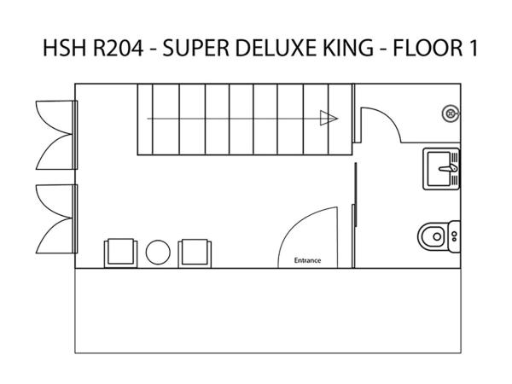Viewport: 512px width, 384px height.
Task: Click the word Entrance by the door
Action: [x=307, y=260]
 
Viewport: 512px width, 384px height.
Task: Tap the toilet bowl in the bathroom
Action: [x=433, y=236]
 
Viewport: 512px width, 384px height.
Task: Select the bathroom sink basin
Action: [x=439, y=169]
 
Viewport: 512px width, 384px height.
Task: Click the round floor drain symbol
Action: [x=451, y=114]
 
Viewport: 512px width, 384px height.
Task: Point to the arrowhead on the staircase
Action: [x=329, y=118]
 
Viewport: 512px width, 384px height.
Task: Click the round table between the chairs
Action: [x=158, y=253]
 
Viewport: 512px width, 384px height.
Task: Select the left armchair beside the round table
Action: [x=121, y=253]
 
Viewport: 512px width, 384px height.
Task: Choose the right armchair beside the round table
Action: [x=195, y=253]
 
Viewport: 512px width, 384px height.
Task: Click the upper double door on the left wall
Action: [x=56, y=135]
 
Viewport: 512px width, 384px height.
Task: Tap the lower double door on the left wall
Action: [x=56, y=218]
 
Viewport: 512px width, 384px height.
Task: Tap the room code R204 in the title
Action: [x=119, y=48]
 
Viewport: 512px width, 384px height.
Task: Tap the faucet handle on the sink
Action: [x=449, y=168]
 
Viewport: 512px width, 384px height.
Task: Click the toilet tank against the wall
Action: [x=454, y=236]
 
